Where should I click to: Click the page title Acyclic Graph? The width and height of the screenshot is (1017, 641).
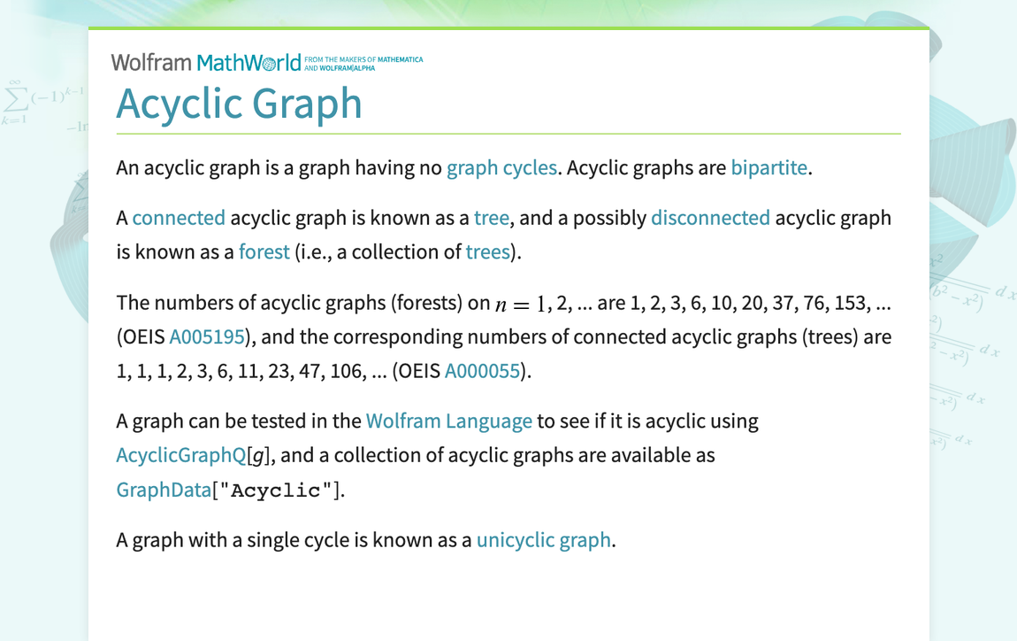point(239,104)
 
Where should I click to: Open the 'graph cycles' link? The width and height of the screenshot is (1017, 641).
point(501,167)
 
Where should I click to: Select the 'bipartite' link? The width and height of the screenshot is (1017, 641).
point(768,167)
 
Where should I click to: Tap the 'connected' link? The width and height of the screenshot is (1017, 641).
point(179,218)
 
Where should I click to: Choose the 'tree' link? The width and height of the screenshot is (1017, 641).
point(491,218)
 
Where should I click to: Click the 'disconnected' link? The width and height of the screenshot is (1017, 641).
point(710,218)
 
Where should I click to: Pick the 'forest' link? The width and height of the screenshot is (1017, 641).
point(264,251)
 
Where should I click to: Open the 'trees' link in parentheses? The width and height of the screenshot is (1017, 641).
point(488,251)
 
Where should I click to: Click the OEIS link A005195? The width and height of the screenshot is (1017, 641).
point(207,336)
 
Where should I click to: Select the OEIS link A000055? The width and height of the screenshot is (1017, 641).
point(482,370)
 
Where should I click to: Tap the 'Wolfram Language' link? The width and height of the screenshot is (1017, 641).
point(448,421)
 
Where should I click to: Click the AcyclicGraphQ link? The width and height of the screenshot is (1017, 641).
point(181,455)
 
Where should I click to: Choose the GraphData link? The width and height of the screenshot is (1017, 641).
point(164,489)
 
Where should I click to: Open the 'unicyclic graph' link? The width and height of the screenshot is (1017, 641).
point(543,539)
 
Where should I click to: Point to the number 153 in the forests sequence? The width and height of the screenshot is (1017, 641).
point(850,303)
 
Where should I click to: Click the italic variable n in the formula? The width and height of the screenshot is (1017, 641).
point(501,305)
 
